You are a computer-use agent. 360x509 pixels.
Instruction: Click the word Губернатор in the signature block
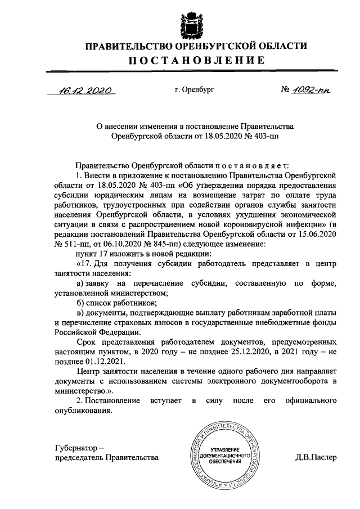pos(75,447)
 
